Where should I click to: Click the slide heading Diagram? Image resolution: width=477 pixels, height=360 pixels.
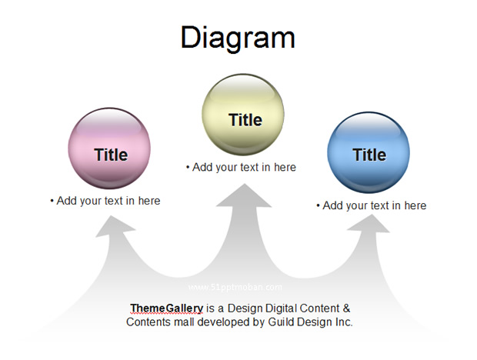(238, 38)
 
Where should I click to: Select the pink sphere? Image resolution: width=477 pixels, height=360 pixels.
(109, 148)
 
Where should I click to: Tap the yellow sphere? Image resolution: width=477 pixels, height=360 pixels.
(243, 115)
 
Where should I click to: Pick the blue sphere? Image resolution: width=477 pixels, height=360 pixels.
(369, 152)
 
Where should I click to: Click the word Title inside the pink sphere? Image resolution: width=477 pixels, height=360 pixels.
(111, 155)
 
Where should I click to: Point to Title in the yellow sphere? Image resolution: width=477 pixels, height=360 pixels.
(245, 120)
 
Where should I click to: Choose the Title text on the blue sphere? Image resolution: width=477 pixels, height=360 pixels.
(369, 155)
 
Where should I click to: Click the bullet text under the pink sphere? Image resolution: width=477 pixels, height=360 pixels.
(105, 201)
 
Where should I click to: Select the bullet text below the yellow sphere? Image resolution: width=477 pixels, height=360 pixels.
(241, 167)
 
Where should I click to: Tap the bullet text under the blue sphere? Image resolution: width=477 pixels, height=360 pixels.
(372, 205)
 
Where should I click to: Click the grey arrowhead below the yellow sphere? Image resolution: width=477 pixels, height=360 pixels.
(244, 196)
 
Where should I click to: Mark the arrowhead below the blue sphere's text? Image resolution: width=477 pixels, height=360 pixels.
(369, 224)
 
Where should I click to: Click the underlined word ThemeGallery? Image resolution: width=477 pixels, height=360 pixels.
(167, 308)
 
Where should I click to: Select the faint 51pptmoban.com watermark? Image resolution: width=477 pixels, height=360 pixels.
(235, 288)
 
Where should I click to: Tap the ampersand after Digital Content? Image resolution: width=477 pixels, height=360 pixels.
(346, 308)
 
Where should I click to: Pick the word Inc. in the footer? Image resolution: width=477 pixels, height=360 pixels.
(344, 322)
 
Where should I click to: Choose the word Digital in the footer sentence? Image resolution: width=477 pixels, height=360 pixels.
(281, 308)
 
